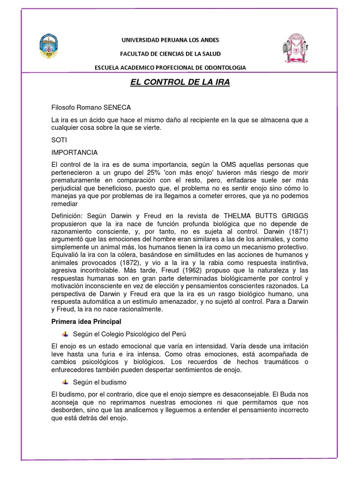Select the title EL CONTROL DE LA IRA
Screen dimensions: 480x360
pyautogui.click(x=180, y=83)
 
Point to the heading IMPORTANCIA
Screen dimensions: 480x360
pyautogui.click(x=75, y=152)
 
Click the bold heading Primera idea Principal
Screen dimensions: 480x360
pyautogui.click(x=87, y=321)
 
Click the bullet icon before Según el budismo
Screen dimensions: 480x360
pyautogui.click(x=65, y=382)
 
